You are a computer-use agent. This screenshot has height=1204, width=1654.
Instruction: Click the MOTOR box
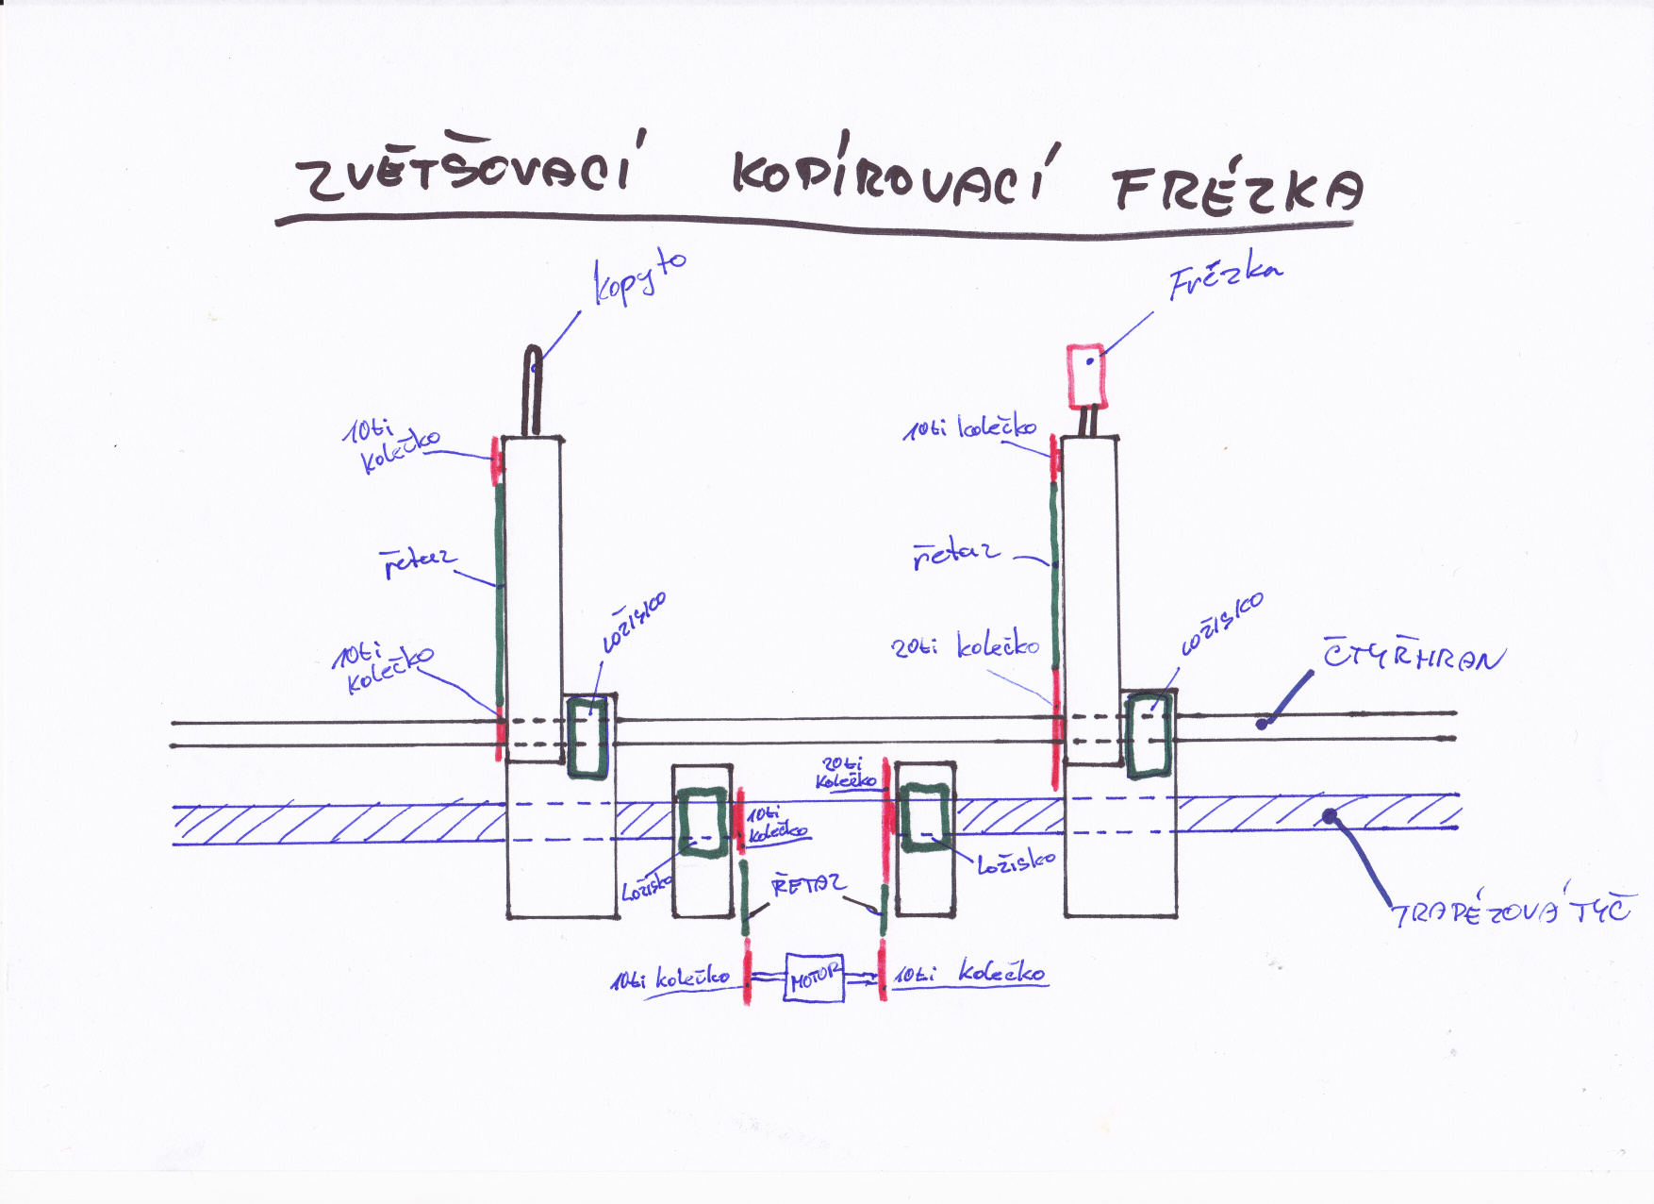(814, 978)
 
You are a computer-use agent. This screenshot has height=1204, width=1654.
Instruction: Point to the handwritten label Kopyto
(638, 277)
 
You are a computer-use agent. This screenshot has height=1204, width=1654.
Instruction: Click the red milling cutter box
(1086, 375)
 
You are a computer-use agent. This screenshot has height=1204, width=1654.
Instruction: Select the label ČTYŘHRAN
(1412, 655)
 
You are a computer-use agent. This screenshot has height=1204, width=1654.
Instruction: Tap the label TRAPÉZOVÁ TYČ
(1511, 911)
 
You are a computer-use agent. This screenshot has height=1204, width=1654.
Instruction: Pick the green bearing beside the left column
(589, 736)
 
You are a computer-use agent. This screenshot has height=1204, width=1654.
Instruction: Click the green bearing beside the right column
(1150, 734)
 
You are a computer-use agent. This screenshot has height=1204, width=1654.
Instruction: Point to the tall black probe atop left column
(534, 391)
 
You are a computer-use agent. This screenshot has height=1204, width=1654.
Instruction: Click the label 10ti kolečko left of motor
(670, 978)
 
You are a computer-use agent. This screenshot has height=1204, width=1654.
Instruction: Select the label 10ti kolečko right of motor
(969, 973)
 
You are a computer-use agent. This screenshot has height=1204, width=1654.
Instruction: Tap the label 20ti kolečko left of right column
(965, 646)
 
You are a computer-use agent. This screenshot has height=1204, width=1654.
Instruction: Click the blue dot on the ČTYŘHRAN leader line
(1263, 724)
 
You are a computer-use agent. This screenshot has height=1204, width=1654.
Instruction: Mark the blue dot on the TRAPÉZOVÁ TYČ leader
(1330, 817)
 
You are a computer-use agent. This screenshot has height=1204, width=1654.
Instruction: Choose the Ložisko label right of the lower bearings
(1015, 862)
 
